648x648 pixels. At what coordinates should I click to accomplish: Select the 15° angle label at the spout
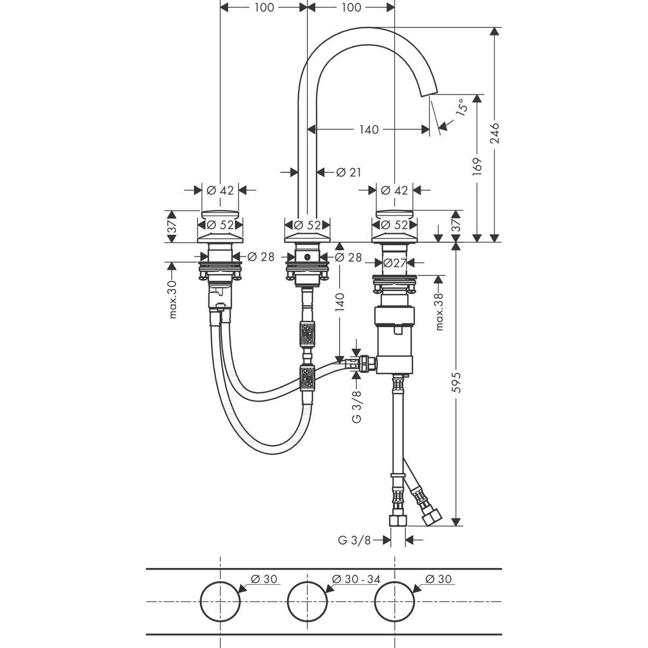coord(461,109)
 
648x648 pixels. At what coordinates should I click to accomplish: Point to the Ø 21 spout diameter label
coord(348,172)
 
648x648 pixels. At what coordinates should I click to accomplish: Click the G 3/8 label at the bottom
coord(354,540)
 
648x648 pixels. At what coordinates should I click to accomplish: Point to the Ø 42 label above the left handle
coord(220,190)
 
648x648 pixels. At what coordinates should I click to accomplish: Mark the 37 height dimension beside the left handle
coord(172,227)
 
